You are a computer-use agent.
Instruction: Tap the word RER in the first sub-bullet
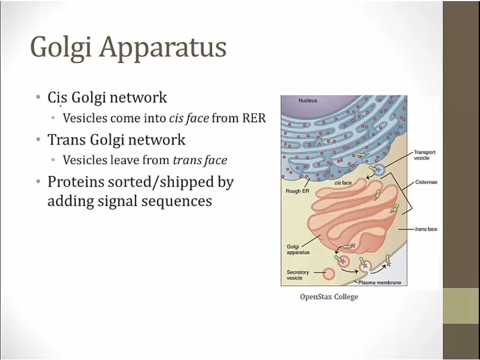[x=254, y=118]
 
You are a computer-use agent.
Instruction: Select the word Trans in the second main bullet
[x=67, y=139]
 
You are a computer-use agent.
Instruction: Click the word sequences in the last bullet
[x=177, y=202]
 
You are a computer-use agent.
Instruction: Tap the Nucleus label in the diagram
[x=308, y=100]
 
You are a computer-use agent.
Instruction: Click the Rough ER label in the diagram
[x=297, y=191]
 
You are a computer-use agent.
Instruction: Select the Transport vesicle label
[x=425, y=155]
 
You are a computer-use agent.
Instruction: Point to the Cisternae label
[x=426, y=182]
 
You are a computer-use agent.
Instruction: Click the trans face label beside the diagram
[x=426, y=229]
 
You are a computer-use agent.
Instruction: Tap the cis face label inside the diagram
[x=343, y=183]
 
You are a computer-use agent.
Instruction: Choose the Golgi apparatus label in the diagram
[x=298, y=250]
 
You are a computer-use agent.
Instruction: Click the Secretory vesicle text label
[x=298, y=275]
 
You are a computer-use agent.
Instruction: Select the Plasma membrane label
[x=380, y=283]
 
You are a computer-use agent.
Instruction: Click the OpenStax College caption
[x=329, y=297]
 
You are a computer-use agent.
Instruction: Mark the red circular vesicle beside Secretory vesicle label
[x=329, y=274]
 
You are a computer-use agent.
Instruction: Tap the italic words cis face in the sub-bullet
[x=189, y=118]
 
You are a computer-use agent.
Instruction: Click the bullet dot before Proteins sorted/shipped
[x=38, y=181]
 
